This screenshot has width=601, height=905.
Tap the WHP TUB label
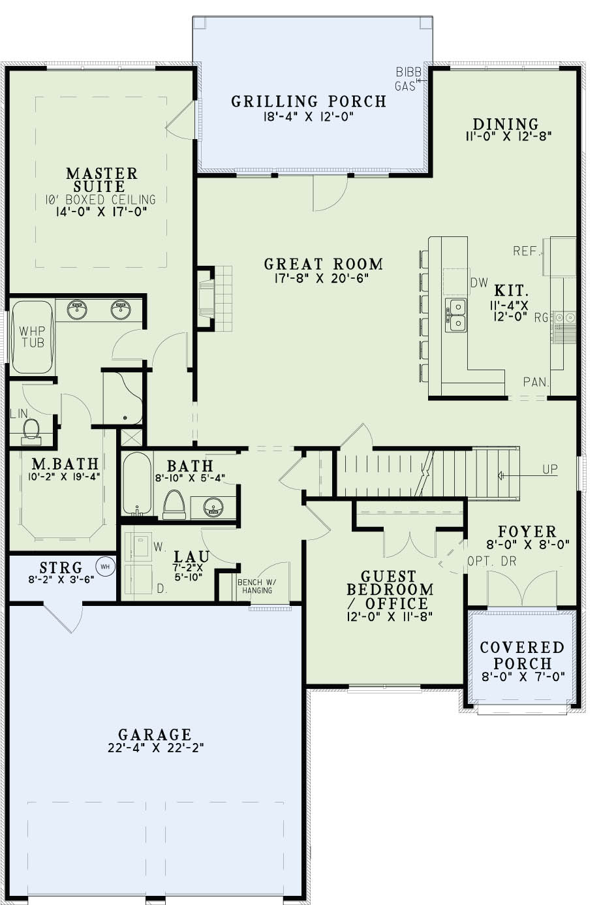(32, 336)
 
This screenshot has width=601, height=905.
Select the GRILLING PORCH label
(309, 101)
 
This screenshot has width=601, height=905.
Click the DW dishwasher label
(479, 283)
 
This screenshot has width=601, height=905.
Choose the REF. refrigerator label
(526, 251)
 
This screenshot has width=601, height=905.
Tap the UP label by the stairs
(549, 469)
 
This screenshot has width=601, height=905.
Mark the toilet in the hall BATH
(174, 505)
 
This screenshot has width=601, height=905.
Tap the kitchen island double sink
(456, 314)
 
